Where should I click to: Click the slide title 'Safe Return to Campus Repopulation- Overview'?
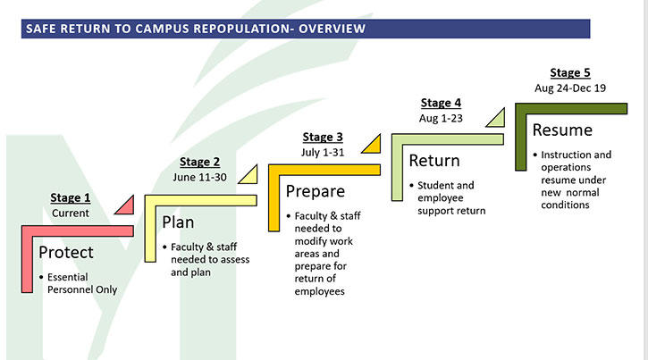point(195,28)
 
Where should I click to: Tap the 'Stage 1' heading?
point(70,198)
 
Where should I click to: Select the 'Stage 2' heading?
point(199,162)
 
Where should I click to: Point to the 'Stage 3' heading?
point(322,137)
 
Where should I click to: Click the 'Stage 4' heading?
point(441,103)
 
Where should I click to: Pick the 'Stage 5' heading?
point(571,72)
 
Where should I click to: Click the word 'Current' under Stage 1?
point(70,213)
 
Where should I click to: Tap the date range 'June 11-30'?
point(199,177)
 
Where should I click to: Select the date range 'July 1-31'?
point(322,152)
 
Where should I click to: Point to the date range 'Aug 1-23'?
point(441,118)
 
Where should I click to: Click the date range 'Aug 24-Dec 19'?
point(570,88)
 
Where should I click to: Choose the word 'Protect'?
point(65,253)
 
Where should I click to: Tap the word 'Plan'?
point(180,221)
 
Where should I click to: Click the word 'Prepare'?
point(315,191)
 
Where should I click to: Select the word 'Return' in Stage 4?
point(434,161)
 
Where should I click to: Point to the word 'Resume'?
point(562,130)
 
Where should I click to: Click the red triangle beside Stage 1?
point(125,205)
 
